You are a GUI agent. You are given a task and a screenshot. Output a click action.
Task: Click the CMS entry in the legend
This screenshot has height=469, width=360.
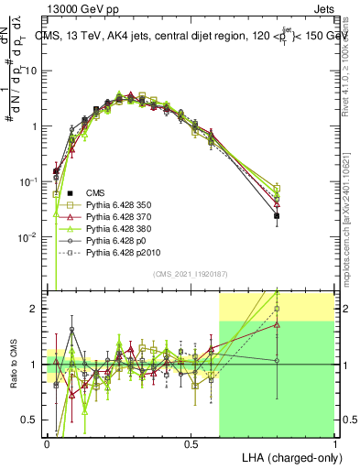pos(95,192)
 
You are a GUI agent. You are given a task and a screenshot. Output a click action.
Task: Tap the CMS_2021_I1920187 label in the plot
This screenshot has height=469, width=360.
pos(190,274)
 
